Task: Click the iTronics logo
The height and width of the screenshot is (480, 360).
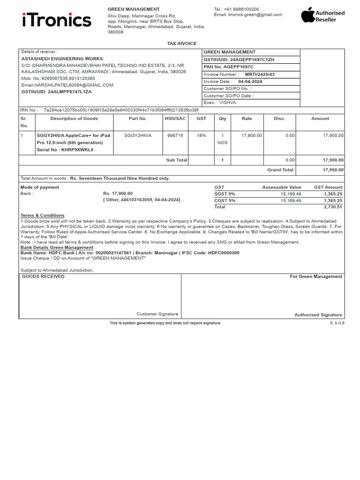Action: [56, 20]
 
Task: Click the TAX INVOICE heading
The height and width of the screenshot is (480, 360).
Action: [182, 44]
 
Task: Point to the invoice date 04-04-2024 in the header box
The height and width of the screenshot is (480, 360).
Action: [250, 82]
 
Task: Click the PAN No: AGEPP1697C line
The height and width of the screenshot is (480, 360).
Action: [228, 67]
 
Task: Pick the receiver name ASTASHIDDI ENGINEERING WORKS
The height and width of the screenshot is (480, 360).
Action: [62, 59]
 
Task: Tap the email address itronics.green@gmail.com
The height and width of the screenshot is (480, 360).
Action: [255, 15]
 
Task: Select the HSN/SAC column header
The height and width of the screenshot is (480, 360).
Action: [175, 119]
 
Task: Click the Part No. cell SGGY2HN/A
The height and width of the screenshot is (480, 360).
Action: [138, 135]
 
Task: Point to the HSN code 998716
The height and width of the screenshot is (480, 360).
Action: [175, 135]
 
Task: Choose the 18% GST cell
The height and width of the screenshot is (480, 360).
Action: [201, 135]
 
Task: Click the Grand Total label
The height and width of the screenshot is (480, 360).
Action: [280, 170]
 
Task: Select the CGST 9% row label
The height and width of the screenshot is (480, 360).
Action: [225, 200]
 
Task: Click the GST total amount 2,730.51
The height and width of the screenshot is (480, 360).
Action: [333, 207]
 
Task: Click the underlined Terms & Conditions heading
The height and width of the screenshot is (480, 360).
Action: [42, 216]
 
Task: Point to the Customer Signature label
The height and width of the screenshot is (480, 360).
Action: [157, 314]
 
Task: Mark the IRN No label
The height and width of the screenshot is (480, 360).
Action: [29, 110]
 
